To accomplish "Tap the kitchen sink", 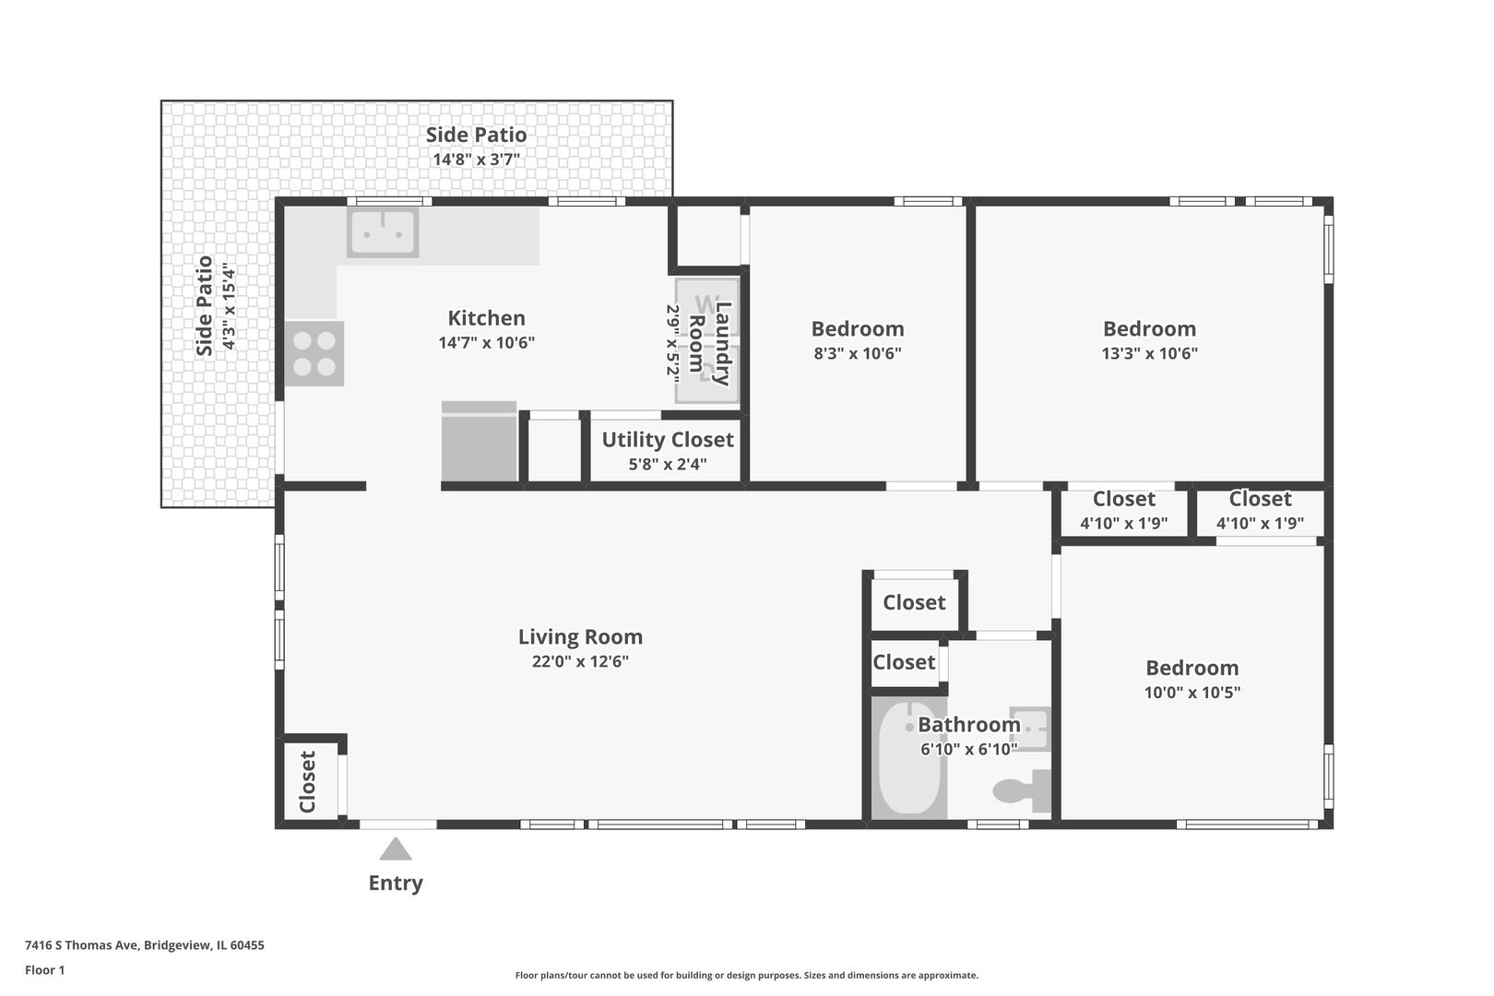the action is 383,232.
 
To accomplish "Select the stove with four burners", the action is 314,353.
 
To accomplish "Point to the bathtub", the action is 909,758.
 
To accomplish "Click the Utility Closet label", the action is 668,440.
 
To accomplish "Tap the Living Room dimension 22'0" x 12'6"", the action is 580,661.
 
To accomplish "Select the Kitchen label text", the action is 486,317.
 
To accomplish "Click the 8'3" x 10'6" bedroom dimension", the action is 858,353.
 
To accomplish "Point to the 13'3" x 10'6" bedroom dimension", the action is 1150,353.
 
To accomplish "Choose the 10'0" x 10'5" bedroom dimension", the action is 1192,692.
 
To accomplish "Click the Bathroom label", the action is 969,724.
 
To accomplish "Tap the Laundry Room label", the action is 709,344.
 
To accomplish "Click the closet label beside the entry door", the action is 307,782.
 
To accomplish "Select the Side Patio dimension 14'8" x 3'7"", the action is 476,160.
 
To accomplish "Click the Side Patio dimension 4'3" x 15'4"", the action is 229,306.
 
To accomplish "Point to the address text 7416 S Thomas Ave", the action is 82,944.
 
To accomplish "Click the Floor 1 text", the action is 44,970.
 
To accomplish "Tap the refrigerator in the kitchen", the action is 479,441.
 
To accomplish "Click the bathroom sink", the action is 1030,729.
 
